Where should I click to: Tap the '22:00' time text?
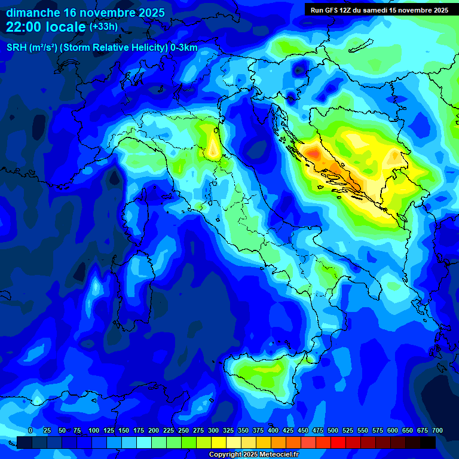click(x=23, y=27)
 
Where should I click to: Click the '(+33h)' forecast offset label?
click(x=103, y=27)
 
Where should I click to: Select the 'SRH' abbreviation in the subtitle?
click(x=16, y=48)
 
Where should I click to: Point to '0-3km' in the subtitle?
click(x=184, y=48)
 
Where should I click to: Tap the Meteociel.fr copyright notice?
click(x=254, y=455)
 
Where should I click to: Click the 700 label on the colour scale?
click(x=437, y=430)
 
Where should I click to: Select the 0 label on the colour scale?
click(x=30, y=430)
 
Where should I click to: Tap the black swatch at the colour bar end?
click(x=428, y=442)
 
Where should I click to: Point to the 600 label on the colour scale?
click(x=393, y=430)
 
